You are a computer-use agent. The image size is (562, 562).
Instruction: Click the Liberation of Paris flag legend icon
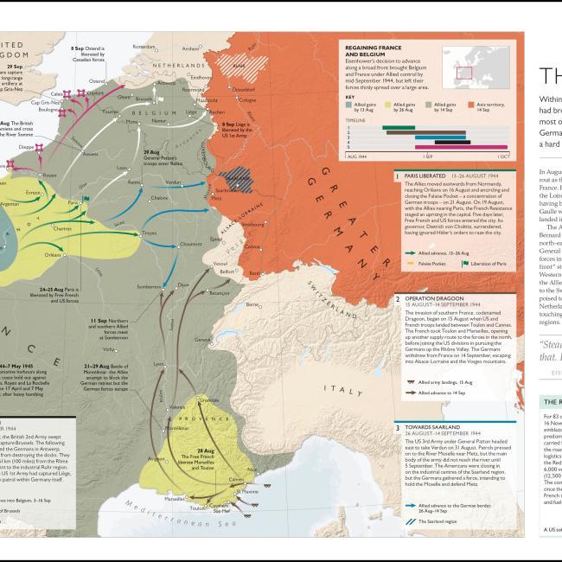[465, 263]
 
